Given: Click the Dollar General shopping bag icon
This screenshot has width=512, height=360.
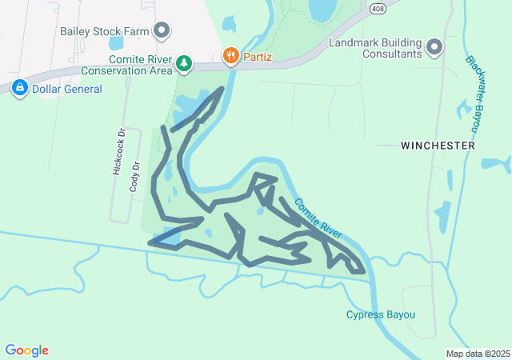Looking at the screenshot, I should point(20,88).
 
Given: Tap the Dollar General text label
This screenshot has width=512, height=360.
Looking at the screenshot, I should point(67,89).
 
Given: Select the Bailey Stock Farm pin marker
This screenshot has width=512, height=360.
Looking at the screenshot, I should point(163,31).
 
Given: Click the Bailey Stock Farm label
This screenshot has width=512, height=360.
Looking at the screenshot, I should point(106,32).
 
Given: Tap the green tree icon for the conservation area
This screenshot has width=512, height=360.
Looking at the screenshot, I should point(184,62).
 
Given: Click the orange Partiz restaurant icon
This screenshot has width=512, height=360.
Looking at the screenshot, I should point(230,55).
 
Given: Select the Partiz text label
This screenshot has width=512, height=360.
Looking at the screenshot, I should point(258,56).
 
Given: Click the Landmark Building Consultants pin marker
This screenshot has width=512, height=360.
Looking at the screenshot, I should point(435,48).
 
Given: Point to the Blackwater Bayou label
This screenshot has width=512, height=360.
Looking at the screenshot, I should point(475,94).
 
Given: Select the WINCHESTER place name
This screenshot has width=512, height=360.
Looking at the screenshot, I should point(438,146).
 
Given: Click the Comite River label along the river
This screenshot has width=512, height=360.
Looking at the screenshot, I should point(318,218).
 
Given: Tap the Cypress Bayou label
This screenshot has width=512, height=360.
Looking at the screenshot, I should point(381,314).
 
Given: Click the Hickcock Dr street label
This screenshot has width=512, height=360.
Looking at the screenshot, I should point(118,153).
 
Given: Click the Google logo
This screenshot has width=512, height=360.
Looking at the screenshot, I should point(26,350).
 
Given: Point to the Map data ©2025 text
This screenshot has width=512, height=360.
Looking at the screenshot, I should point(478,354).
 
